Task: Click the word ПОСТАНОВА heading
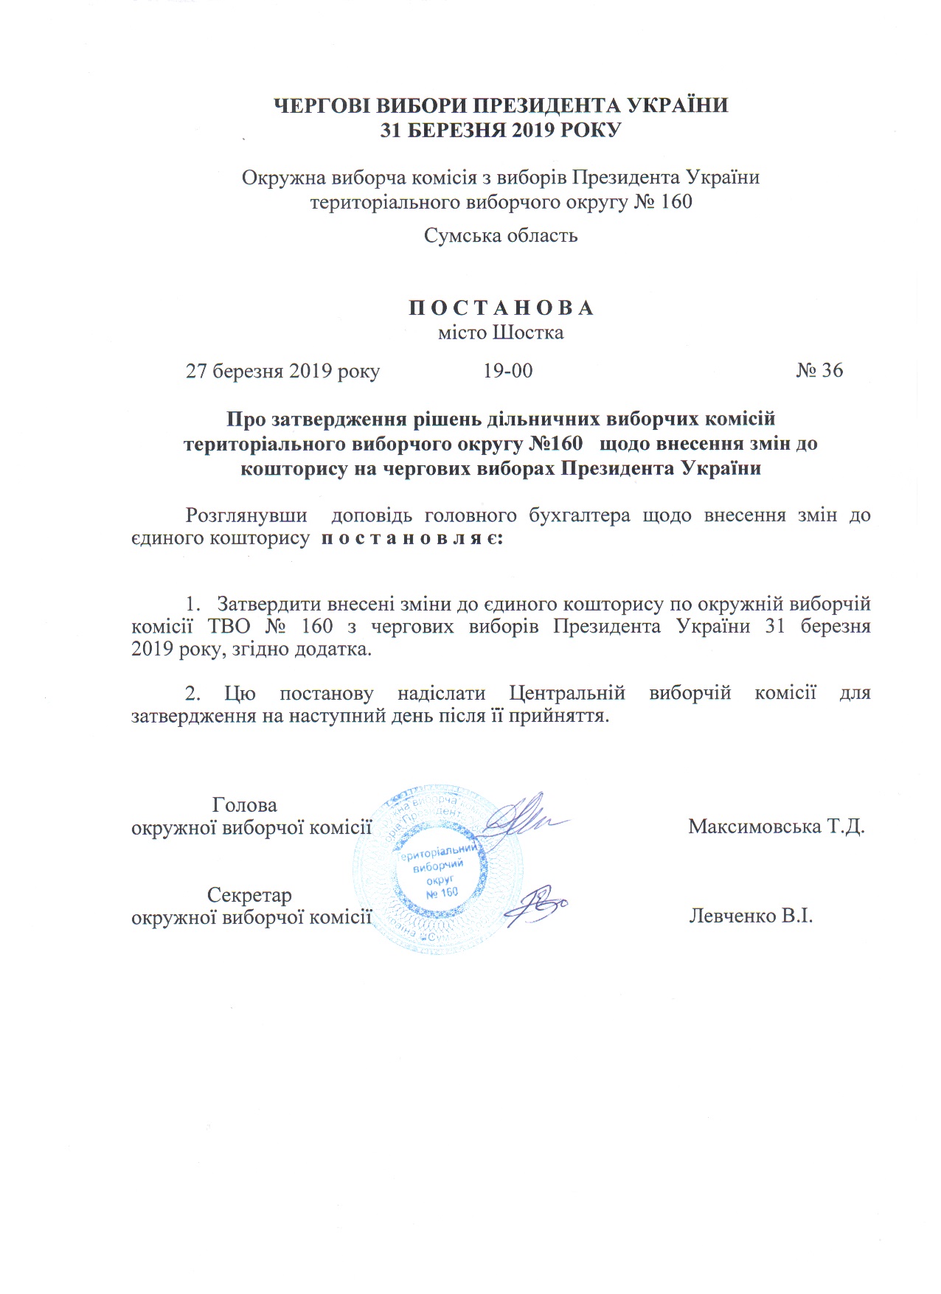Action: coord(501,308)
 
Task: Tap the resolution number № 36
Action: coord(819,370)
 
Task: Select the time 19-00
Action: coord(507,370)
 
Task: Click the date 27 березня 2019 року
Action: coord(282,371)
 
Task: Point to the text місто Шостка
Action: coord(501,333)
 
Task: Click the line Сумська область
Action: coord(501,236)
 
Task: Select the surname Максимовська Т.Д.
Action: coord(777,826)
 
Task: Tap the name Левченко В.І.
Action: coord(751,916)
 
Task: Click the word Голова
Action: coord(244,805)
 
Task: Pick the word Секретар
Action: coord(249,895)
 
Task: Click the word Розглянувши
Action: coord(246,515)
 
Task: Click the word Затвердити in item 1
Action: coord(268,604)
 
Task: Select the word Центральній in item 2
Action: coord(567,694)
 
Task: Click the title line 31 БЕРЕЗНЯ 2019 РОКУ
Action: coord(501,131)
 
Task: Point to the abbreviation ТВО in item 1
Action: coord(225,627)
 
